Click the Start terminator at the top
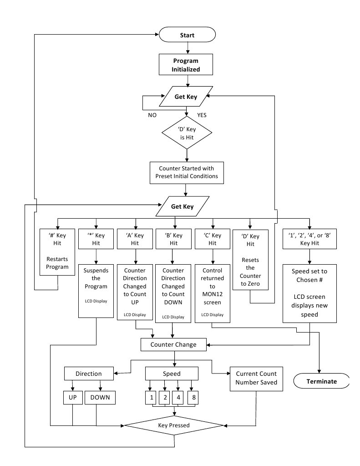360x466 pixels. pos(187,35)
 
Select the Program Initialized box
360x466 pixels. pos(186,65)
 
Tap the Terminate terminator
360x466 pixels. pos(321,381)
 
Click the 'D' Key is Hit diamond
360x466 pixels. pos(187,133)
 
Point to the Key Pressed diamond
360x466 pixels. pos(174,425)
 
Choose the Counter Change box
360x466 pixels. pos(173,344)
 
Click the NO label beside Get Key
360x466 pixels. pos(152,115)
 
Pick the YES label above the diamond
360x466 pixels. pos(202,115)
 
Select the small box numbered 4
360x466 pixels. pos(178,398)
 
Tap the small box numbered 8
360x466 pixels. pos(193,398)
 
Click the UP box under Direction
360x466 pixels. pos(72,398)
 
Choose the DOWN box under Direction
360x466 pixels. pos(100,398)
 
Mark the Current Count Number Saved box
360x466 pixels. pos(256,379)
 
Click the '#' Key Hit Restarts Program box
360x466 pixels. pos(57,252)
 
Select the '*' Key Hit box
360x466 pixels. pos(96,239)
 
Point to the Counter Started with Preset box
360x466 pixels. pos(187,173)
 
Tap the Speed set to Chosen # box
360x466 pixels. pos(309,293)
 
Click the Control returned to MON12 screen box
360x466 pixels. pos(213,293)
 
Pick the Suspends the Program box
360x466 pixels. pos(96,291)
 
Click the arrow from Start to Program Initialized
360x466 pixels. pos(188,48)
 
